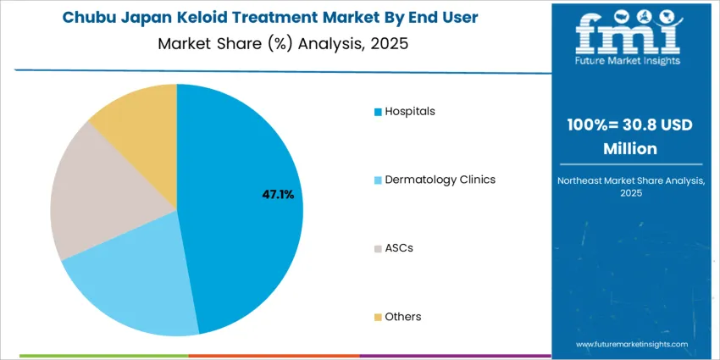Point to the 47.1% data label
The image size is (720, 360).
[278, 195]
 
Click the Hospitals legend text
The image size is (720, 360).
[410, 111]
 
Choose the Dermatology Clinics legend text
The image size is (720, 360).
[440, 180]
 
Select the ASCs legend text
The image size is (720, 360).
[399, 248]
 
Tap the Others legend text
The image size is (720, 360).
[402, 317]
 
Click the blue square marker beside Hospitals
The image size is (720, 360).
[378, 112]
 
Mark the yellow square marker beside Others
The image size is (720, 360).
[378, 318]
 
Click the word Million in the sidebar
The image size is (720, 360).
[630, 148]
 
